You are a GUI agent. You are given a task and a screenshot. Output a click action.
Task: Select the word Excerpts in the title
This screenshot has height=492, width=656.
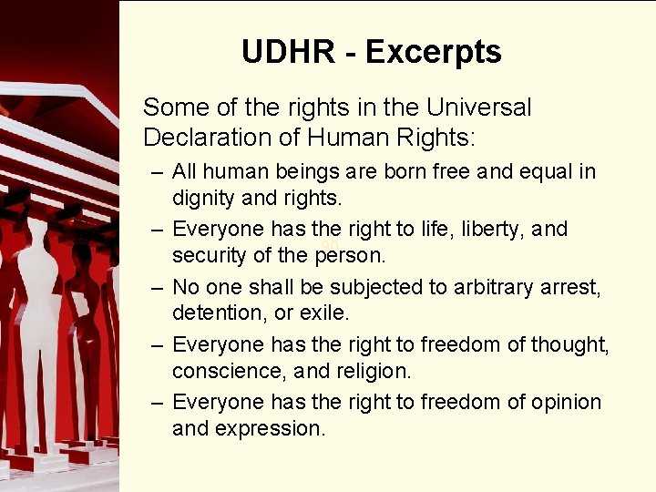point(433,52)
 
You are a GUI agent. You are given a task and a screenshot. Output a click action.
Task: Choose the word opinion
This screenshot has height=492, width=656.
point(567,402)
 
